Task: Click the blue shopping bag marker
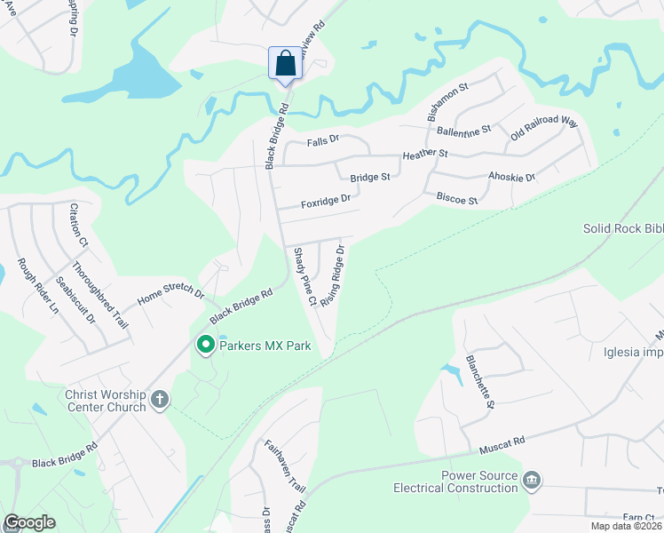tap(285, 64)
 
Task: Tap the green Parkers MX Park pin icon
tap(206, 345)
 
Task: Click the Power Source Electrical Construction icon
tap(531, 481)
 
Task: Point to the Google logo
tap(29, 522)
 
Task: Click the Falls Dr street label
tap(323, 140)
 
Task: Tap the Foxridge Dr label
tap(326, 203)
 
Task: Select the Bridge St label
tap(370, 178)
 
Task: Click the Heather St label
tap(425, 155)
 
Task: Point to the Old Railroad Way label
tap(543, 131)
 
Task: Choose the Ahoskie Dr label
tap(512, 178)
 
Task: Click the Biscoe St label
tap(456, 199)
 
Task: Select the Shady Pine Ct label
tap(305, 276)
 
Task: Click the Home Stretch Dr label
tap(170, 298)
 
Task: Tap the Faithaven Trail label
tap(272, 466)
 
